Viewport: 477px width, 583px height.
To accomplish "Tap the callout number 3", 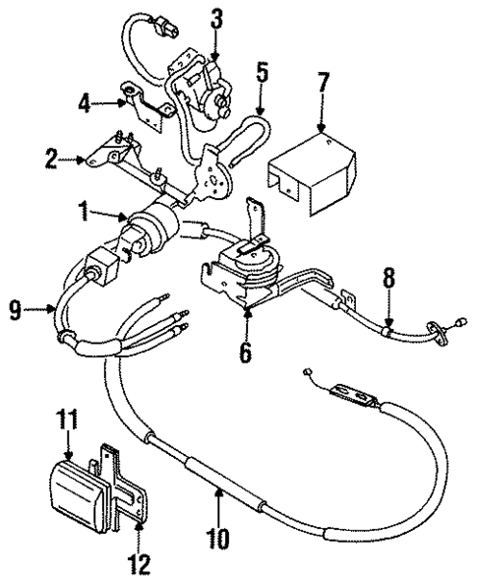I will (216, 17).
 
